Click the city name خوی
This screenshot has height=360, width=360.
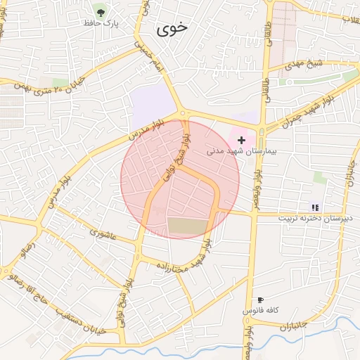173,29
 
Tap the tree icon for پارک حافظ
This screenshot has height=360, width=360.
101,11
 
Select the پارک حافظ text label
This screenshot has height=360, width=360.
101,23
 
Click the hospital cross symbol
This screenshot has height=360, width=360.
242,141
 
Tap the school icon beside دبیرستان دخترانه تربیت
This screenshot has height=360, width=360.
315,207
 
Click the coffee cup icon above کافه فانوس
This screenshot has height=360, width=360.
261,300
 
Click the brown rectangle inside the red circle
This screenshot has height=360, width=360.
188,226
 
